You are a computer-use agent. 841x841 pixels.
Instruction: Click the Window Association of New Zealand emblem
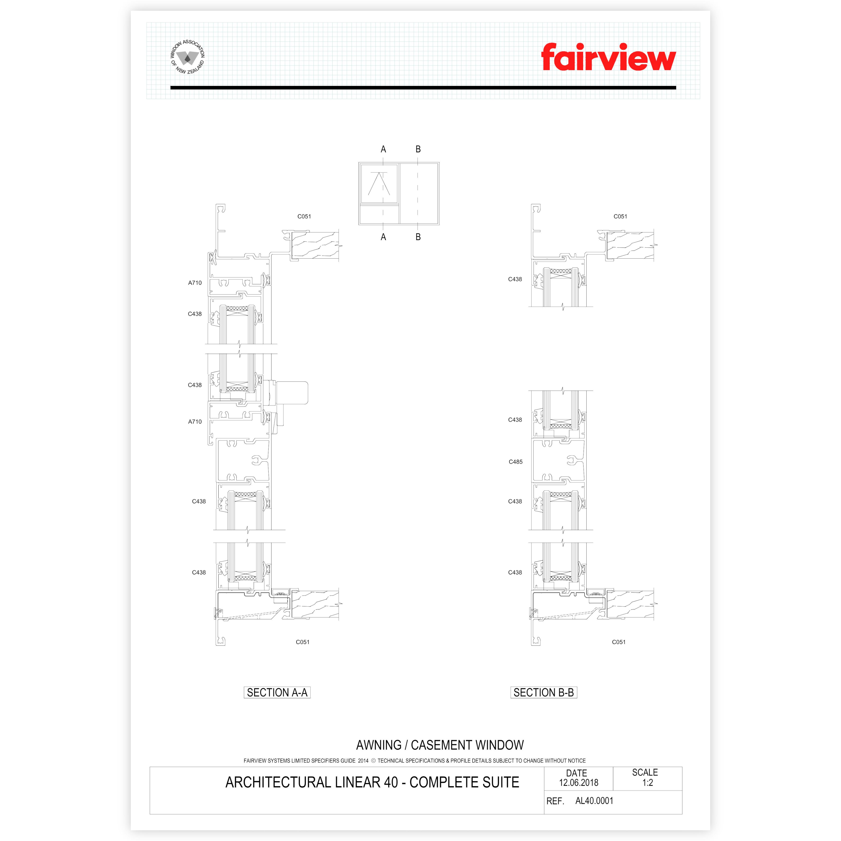pos(188,57)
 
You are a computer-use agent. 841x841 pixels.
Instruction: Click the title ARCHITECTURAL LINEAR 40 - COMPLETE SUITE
pos(372,782)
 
